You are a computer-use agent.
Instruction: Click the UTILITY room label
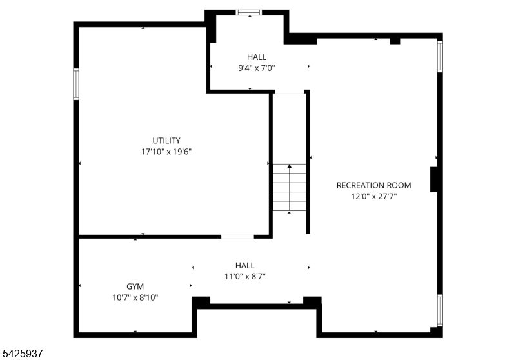pos(166,141)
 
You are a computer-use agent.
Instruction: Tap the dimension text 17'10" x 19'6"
pos(166,152)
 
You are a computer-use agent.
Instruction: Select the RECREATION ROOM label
pos(373,185)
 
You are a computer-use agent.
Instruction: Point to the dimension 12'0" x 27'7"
pos(373,196)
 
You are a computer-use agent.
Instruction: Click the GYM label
pos(135,286)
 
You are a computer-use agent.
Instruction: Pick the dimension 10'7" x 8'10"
pos(135,297)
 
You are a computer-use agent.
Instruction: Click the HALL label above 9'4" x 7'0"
pos(256,57)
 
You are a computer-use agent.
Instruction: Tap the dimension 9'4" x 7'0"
pos(256,68)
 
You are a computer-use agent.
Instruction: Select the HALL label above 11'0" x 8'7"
pos(244,265)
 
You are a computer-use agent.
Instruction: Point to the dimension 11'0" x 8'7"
pos(244,276)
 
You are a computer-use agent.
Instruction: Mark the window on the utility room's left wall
pos(76,84)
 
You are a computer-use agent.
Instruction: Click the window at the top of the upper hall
pos(248,12)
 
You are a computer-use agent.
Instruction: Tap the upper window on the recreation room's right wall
pos(440,55)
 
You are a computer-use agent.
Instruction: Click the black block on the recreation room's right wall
pos(435,179)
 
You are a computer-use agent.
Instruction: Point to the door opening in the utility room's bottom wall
pos(237,237)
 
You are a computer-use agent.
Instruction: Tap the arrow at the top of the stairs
pos(289,167)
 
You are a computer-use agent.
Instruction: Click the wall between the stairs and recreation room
pos(308,161)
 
